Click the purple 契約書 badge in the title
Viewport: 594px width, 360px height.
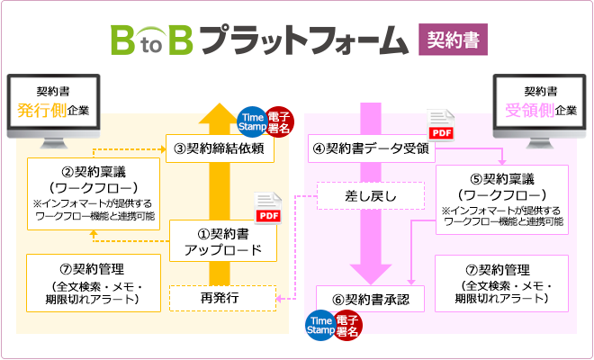tap(453, 40)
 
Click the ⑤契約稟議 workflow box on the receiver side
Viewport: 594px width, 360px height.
tap(501, 199)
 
